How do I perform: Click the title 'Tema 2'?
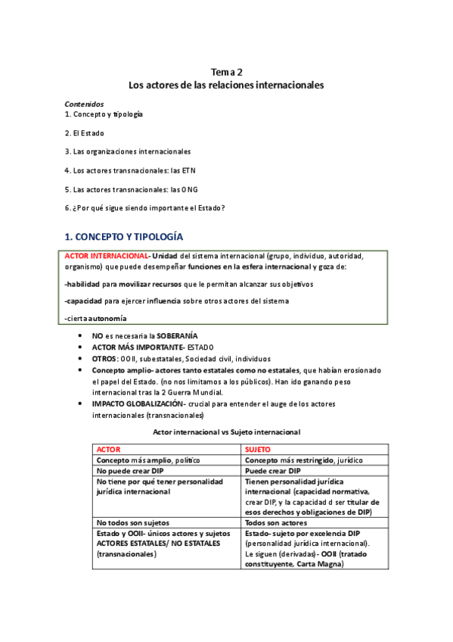click(x=226, y=71)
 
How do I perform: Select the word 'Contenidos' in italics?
click(x=84, y=104)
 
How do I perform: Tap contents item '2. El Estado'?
click(x=85, y=132)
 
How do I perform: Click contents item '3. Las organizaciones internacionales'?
click(x=127, y=151)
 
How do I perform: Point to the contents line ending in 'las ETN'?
click(x=135, y=170)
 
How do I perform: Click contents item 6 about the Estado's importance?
click(x=144, y=208)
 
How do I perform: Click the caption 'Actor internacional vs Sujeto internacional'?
click(x=226, y=432)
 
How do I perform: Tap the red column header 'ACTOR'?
click(x=109, y=449)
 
